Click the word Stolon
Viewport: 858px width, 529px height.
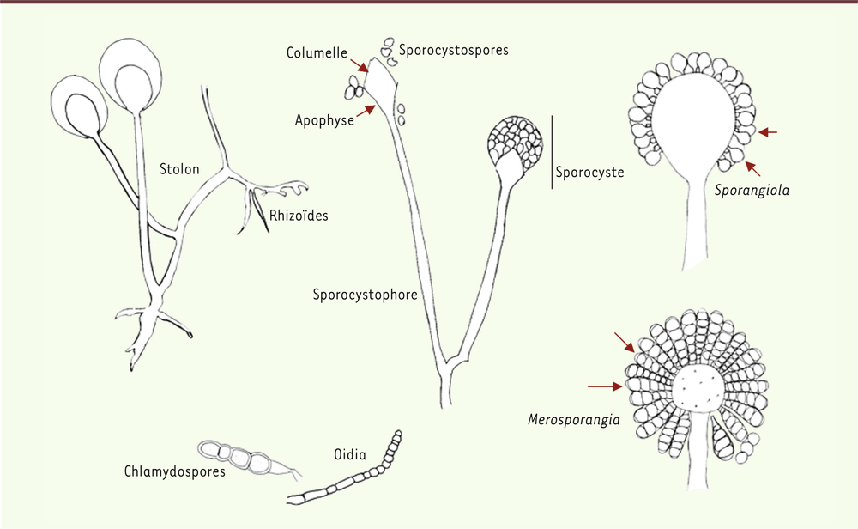(179, 168)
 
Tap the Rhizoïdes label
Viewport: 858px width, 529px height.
(299, 216)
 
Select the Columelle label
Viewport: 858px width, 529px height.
(317, 52)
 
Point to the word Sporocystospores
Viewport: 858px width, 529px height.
(454, 51)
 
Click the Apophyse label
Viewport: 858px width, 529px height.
(324, 120)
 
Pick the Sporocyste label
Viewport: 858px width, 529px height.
(590, 173)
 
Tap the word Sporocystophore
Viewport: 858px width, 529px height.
(365, 295)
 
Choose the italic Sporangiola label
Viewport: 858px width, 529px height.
(752, 191)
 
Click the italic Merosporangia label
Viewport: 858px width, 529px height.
(574, 420)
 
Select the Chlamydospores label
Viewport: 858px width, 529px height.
(174, 471)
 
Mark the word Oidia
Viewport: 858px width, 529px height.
(350, 454)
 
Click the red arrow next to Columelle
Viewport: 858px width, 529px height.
(359, 66)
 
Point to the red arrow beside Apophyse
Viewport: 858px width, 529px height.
(366, 111)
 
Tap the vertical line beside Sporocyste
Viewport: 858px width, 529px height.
(552, 152)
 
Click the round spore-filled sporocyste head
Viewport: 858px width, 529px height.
(515, 143)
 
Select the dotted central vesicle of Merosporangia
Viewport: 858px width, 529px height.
(698, 388)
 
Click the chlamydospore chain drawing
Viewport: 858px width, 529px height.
(249, 459)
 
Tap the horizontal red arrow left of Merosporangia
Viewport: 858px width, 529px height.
(605, 386)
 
